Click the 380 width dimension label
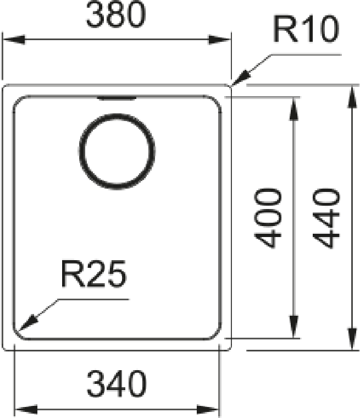(116, 15)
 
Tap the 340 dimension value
(117, 383)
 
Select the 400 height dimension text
(268, 218)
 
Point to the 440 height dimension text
(326, 218)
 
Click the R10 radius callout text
(306, 29)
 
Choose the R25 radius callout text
(94, 274)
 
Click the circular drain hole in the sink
(117, 151)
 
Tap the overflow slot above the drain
(117, 98)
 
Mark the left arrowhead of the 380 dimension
(14, 40)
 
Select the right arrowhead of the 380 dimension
(219, 40)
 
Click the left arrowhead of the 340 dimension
(26, 409)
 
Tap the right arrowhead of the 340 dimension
(208, 409)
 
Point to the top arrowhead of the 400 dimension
(293, 109)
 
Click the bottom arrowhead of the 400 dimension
(293, 327)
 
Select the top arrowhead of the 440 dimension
(352, 97)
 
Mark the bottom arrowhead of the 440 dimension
(352, 339)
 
